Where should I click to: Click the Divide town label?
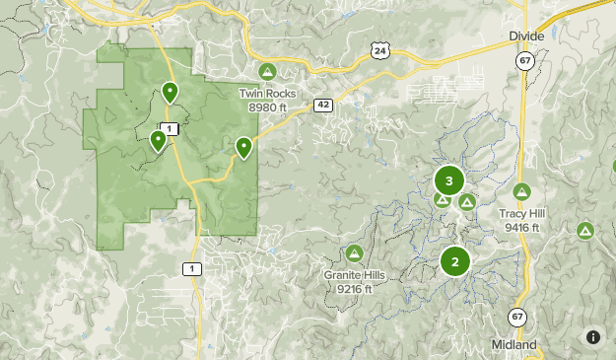[x=526, y=36]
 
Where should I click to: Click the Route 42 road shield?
[x=322, y=104]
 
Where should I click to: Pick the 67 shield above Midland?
[x=517, y=317]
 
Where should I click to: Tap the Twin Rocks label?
[x=266, y=94]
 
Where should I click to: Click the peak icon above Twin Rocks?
[x=266, y=72]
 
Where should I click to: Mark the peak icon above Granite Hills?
[x=355, y=252]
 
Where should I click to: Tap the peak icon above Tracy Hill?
[x=521, y=191]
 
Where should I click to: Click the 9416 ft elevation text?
[x=521, y=228]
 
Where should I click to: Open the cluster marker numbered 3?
[x=449, y=180]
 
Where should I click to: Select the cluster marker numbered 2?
[x=454, y=261]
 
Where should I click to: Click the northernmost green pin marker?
[x=171, y=93]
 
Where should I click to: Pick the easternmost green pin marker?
[x=243, y=148]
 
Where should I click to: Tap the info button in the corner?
[x=592, y=336]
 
